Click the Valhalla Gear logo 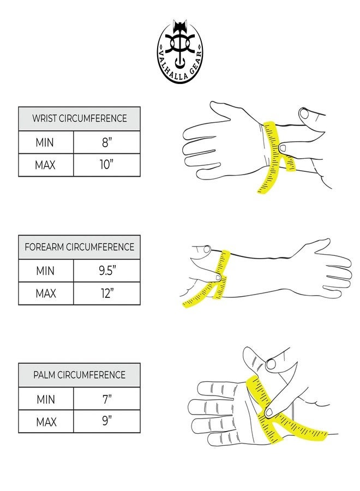179,52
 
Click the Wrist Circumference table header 79,118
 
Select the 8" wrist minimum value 107,142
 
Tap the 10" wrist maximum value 106,165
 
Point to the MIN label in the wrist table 45,142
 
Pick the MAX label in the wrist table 45,165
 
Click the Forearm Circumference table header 79,247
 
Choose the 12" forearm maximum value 107,293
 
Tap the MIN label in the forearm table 45,271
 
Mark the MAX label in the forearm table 46,294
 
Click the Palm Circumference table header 79,375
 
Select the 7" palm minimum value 107,399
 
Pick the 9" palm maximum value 107,421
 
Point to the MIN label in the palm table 46,399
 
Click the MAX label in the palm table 46,422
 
